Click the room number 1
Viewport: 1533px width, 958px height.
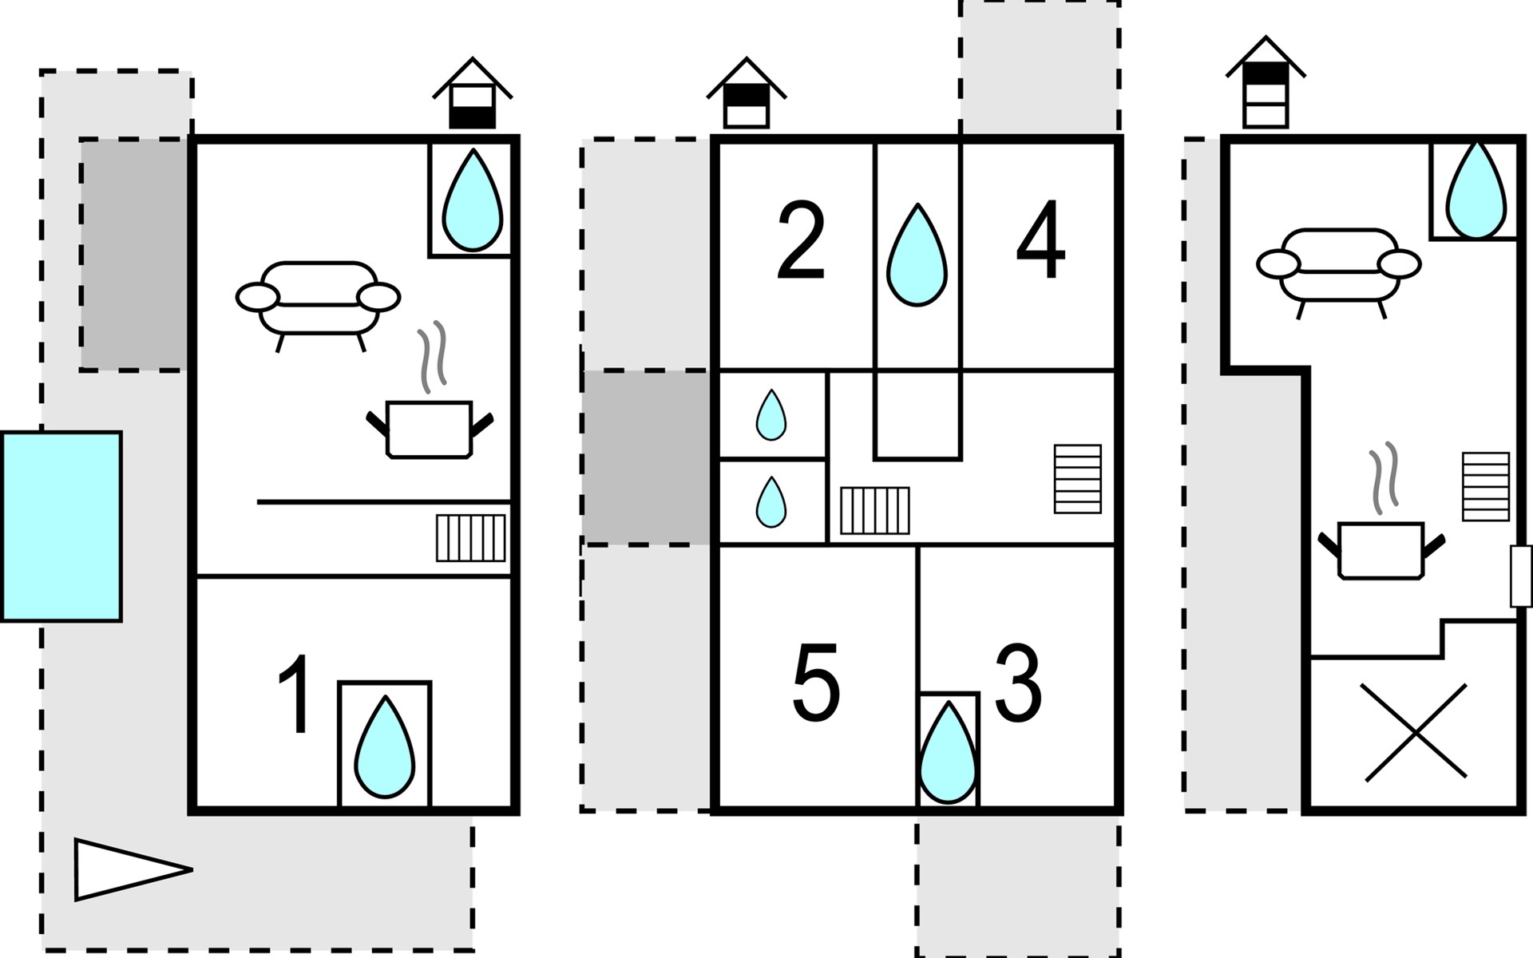294,694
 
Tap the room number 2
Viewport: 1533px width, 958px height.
801,240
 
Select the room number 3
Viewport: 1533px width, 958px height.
1018,683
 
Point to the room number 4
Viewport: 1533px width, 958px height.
1040,240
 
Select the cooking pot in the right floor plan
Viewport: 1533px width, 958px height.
1381,511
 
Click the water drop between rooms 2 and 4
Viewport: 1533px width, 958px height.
917,255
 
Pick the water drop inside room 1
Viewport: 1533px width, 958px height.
384,747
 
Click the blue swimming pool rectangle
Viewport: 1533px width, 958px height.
61,526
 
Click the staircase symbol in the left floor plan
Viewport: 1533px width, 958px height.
471,538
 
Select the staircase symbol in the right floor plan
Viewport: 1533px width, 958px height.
1486,486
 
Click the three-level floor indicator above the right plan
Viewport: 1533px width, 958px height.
1266,81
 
